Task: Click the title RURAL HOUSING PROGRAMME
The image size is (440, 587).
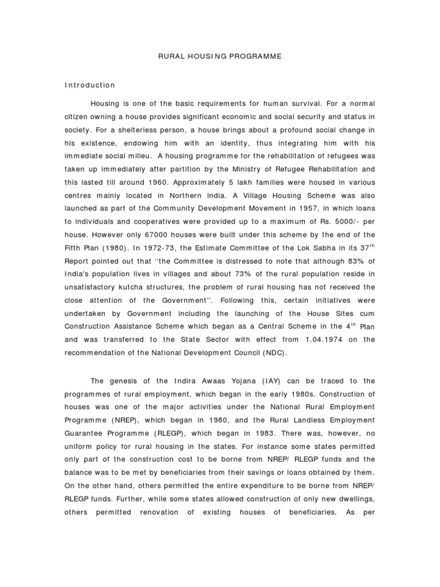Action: click(219, 58)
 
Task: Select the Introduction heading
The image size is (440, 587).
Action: click(89, 85)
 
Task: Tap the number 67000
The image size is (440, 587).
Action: click(152, 234)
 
